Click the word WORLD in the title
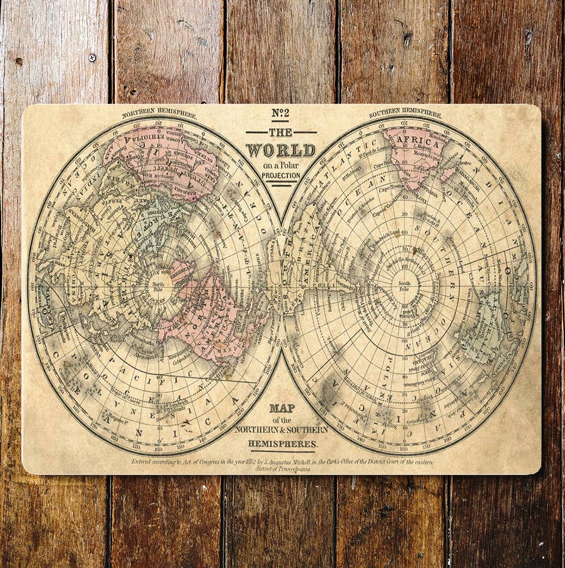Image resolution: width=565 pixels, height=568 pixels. pos(281,150)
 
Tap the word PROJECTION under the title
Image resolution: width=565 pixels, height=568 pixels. pos(281,176)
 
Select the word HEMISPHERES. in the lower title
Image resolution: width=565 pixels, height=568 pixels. pos(281,444)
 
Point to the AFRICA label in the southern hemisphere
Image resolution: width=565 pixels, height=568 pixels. pos(419,144)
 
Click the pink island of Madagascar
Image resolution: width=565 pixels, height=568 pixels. pos(449,174)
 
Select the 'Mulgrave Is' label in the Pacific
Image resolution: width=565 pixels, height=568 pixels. pos(125,418)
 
